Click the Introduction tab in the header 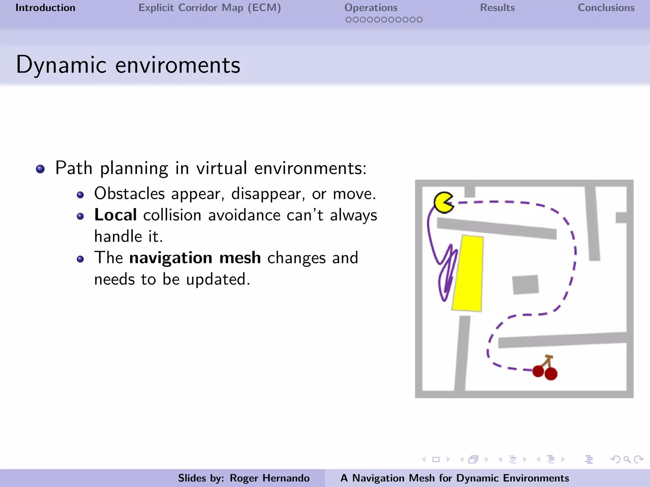pyautogui.click(x=45, y=8)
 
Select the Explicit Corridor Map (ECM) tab pyautogui.click(x=209, y=8)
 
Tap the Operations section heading pyautogui.click(x=371, y=8)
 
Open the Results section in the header pyautogui.click(x=497, y=8)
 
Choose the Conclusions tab pyautogui.click(x=606, y=8)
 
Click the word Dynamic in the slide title pyautogui.click(x=61, y=65)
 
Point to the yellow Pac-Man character pyautogui.click(x=443, y=203)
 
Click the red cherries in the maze pyautogui.click(x=545, y=370)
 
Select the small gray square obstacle pyautogui.click(x=525, y=284)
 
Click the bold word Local pyautogui.click(x=116, y=215)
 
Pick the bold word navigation pyautogui.click(x=171, y=258)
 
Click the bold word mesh pyautogui.click(x=240, y=258)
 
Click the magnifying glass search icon pyautogui.click(x=627, y=459)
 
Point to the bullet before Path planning pyautogui.click(x=40, y=169)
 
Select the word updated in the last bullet pyautogui.click(x=218, y=279)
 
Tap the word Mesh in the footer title pyautogui.click(x=422, y=478)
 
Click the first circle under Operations pyautogui.click(x=348, y=20)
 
